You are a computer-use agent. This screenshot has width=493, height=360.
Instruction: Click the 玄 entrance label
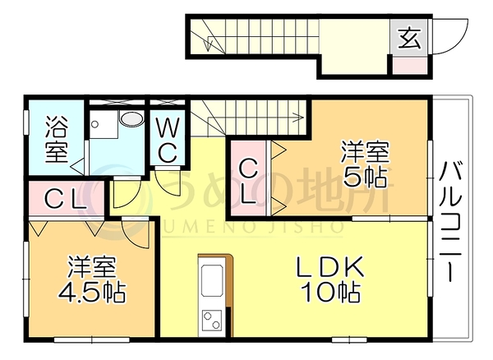[409, 38]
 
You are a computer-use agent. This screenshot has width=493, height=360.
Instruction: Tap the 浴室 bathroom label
[57, 139]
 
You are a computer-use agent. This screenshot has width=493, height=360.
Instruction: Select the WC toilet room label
[168, 140]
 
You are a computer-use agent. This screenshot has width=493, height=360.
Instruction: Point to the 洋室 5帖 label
[365, 164]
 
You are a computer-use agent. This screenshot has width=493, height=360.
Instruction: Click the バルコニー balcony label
[451, 221]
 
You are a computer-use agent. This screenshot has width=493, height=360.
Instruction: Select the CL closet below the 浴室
[66, 200]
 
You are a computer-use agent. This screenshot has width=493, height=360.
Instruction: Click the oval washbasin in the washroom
[132, 119]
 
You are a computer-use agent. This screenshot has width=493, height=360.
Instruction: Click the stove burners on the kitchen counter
[212, 320]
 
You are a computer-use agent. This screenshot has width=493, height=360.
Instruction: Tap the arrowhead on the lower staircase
[298, 118]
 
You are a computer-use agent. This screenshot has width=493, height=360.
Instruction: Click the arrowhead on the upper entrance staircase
[207, 45]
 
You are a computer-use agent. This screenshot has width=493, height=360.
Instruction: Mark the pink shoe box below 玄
[409, 66]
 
